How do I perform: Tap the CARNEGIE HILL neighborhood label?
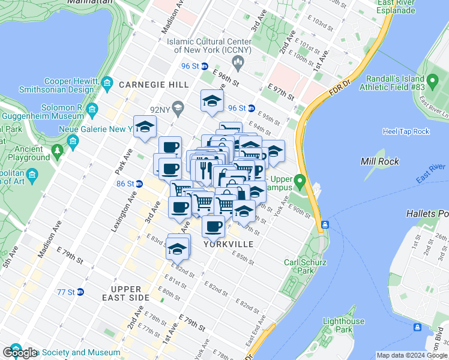coord(154,85)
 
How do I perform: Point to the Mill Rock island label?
coord(376,161)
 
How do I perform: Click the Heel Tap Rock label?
coord(406,131)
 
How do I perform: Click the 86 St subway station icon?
coord(138,184)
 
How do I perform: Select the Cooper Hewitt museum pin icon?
coord(107,82)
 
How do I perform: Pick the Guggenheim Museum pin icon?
coord(92,109)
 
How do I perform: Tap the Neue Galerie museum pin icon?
coord(73,142)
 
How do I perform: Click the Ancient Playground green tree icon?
coord(58,149)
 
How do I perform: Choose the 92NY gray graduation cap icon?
coord(177,109)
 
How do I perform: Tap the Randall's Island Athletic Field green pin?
coord(432,80)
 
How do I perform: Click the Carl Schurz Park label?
coord(305,266)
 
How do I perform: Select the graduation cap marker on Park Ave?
coord(145,127)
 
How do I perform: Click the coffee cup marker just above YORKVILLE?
coord(212,226)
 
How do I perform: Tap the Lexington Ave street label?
coord(121,197)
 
